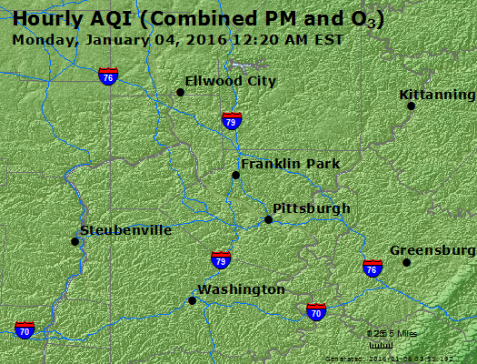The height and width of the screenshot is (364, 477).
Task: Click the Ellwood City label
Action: [230, 81]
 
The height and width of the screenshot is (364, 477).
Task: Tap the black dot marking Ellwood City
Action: [180, 92]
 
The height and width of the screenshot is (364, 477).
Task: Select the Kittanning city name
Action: [437, 96]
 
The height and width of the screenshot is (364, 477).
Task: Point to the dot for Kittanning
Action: [411, 106]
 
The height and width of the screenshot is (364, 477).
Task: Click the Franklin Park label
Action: [290, 164]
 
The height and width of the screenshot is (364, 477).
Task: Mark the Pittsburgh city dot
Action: [268, 219]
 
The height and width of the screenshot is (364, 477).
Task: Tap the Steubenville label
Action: [125, 230]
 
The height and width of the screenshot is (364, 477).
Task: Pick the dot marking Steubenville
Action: [75, 241]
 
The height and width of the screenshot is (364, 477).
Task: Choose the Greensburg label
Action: [432, 250]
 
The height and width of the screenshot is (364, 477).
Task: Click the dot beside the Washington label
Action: [192, 300]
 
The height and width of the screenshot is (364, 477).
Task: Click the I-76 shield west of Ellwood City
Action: [108, 76]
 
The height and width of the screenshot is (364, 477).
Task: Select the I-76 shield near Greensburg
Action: [372, 268]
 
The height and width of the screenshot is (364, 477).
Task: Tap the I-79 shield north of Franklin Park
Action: [232, 120]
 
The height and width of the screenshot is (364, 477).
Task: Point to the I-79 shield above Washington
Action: [220, 260]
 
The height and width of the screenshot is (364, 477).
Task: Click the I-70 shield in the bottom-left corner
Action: [25, 329]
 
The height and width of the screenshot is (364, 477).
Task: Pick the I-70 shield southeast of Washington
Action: [316, 312]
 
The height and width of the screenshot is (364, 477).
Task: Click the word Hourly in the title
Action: [45, 18]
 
